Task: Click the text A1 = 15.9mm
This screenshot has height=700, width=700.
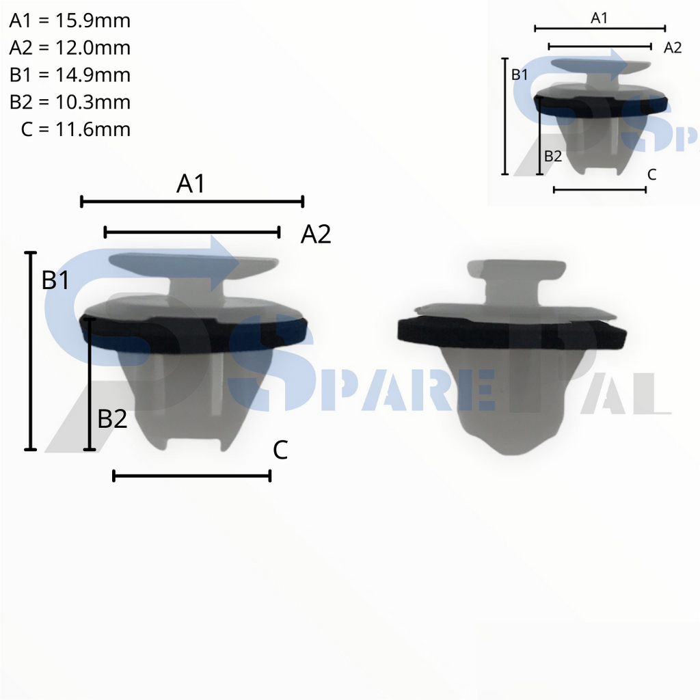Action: [x=70, y=21]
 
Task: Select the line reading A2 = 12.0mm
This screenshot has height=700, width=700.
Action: [x=70, y=48]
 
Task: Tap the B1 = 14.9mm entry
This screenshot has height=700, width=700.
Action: [x=70, y=75]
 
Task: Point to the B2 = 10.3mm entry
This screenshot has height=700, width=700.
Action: [x=70, y=102]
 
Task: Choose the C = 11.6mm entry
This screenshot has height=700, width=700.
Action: [x=75, y=129]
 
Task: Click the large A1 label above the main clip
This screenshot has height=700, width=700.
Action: [x=191, y=183]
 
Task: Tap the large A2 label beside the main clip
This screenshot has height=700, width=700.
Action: [x=316, y=235]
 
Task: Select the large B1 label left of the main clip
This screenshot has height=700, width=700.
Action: [x=55, y=280]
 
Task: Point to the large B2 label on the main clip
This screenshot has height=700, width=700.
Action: [x=113, y=419]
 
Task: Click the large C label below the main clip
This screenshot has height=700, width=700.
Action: [x=280, y=450]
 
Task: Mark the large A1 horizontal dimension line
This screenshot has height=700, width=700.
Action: [x=191, y=201]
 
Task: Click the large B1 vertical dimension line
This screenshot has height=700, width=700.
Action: [x=30, y=351]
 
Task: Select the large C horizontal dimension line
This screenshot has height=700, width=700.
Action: [x=191, y=476]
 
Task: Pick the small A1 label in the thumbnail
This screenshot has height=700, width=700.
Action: [x=599, y=18]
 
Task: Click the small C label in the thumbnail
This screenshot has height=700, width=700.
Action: [x=651, y=174]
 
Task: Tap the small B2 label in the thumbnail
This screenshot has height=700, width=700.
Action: [x=552, y=156]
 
